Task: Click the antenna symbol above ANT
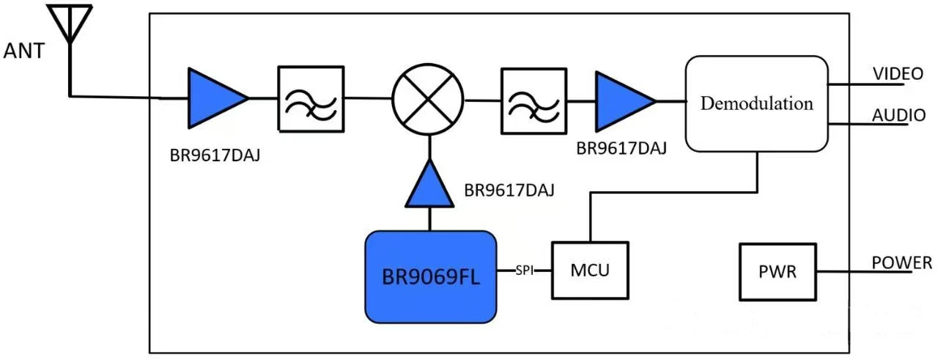click(x=70, y=22)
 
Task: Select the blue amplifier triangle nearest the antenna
click(x=213, y=98)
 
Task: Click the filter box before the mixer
click(x=310, y=99)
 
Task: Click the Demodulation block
click(x=756, y=103)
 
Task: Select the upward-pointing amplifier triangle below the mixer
click(x=428, y=185)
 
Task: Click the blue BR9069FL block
click(x=431, y=277)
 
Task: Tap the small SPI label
click(x=524, y=271)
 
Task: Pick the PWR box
click(x=778, y=272)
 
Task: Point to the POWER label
click(x=901, y=262)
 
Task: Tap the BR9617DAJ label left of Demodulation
click(x=621, y=149)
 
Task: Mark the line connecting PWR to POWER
click(x=865, y=272)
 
